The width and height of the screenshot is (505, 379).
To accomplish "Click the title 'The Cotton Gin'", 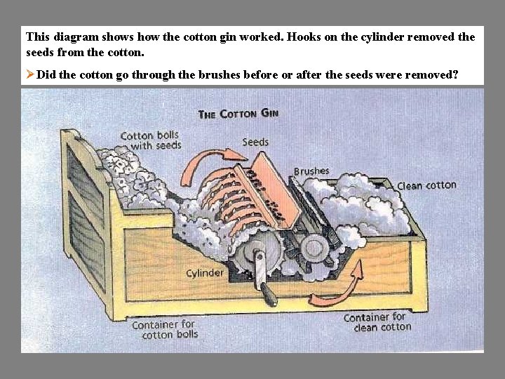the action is click(x=238, y=113).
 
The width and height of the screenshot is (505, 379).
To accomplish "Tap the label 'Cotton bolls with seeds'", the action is click(x=151, y=140).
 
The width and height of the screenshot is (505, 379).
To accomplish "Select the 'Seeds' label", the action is click(x=255, y=142).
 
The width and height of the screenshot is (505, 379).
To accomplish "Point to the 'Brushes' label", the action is click(x=311, y=171).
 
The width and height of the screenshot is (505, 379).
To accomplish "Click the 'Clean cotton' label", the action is click(x=426, y=185).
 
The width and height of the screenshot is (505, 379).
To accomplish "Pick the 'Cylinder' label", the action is click(x=205, y=272).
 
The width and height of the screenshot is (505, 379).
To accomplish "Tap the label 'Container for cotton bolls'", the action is click(x=164, y=329).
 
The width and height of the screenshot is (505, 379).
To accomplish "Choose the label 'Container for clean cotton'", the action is click(x=375, y=322).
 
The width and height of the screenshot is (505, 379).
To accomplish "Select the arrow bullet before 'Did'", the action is click(x=30, y=74).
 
